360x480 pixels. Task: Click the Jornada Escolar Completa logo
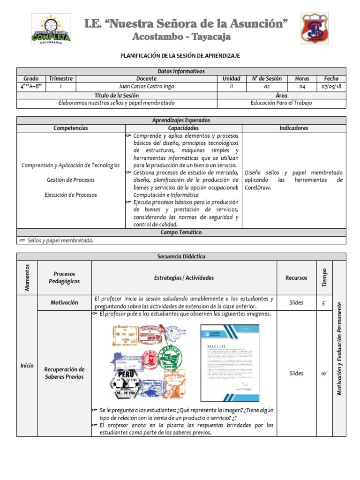[x=51, y=29]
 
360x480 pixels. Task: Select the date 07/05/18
[x=331, y=87]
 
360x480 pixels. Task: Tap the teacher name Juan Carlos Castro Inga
[x=146, y=87]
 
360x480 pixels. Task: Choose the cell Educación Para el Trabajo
[x=281, y=103]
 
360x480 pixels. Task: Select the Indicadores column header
[x=293, y=127]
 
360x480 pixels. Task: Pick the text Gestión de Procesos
[x=70, y=180]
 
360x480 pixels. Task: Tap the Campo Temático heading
[x=181, y=232]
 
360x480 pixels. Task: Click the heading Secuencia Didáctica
[x=181, y=256]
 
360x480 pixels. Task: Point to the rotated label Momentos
[x=27, y=277]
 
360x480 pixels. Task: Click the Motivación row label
[x=64, y=302]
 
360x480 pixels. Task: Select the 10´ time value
[x=324, y=373]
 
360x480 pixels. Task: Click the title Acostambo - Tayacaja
[x=181, y=37]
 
